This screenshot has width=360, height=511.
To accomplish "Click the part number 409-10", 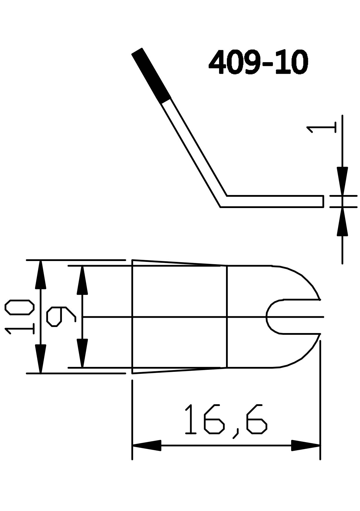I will pyautogui.click(x=258, y=62).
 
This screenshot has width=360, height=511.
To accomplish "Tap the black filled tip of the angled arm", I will pyautogui.click(x=151, y=76).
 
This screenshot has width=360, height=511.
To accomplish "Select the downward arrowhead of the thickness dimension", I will pyautogui.click(x=342, y=179).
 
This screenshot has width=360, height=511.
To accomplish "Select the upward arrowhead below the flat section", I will pyautogui.click(x=342, y=223).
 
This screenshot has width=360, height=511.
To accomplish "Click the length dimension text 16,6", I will pyautogui.click(x=225, y=420).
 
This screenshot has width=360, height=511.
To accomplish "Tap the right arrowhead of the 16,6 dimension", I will pyautogui.click(x=305, y=445).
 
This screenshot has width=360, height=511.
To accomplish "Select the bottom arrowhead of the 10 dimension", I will pyautogui.click(x=41, y=359).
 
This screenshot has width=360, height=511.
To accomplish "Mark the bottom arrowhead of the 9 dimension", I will pyautogui.click(x=82, y=353).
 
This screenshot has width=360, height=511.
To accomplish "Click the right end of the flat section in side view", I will pyautogui.click(x=323, y=201).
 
